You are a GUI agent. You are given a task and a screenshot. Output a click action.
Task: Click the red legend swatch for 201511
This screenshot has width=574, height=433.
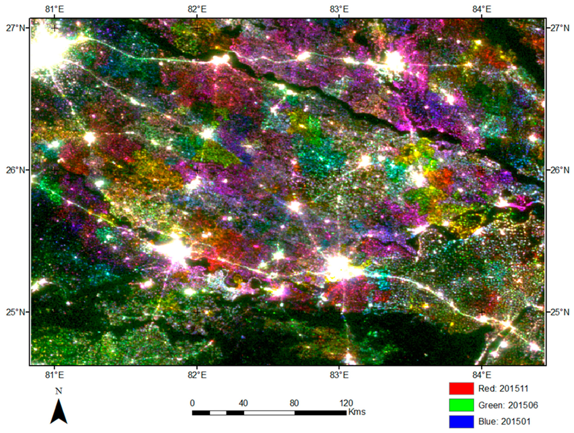[x=461, y=388]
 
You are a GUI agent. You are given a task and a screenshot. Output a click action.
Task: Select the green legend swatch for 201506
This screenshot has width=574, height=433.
[x=461, y=405]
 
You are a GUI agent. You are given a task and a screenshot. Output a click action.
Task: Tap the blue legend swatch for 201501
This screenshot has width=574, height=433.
[x=461, y=422]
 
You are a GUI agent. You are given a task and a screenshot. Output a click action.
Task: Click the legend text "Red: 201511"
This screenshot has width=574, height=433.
[x=503, y=388]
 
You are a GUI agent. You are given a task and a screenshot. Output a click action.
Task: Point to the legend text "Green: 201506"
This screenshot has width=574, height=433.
[x=508, y=405]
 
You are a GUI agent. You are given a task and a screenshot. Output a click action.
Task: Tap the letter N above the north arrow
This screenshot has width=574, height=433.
[x=59, y=391]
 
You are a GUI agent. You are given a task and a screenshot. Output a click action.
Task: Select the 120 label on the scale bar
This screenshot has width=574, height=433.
[x=346, y=403]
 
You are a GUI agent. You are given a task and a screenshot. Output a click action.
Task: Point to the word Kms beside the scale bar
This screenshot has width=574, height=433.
[x=357, y=412]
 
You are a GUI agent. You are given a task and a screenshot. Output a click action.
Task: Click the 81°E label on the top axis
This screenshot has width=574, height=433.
[x=54, y=9]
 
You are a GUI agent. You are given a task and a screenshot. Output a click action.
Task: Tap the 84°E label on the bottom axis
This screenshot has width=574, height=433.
[x=482, y=375]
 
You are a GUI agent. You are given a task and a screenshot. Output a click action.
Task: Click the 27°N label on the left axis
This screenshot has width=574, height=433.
[x=16, y=28]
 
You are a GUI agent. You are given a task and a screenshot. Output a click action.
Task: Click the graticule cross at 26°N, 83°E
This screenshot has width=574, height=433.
[x=339, y=170]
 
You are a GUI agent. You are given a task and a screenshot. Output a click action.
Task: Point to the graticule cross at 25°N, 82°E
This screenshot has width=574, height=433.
[x=197, y=312]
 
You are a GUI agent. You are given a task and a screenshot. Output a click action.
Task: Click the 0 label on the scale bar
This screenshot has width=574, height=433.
[x=192, y=403]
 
